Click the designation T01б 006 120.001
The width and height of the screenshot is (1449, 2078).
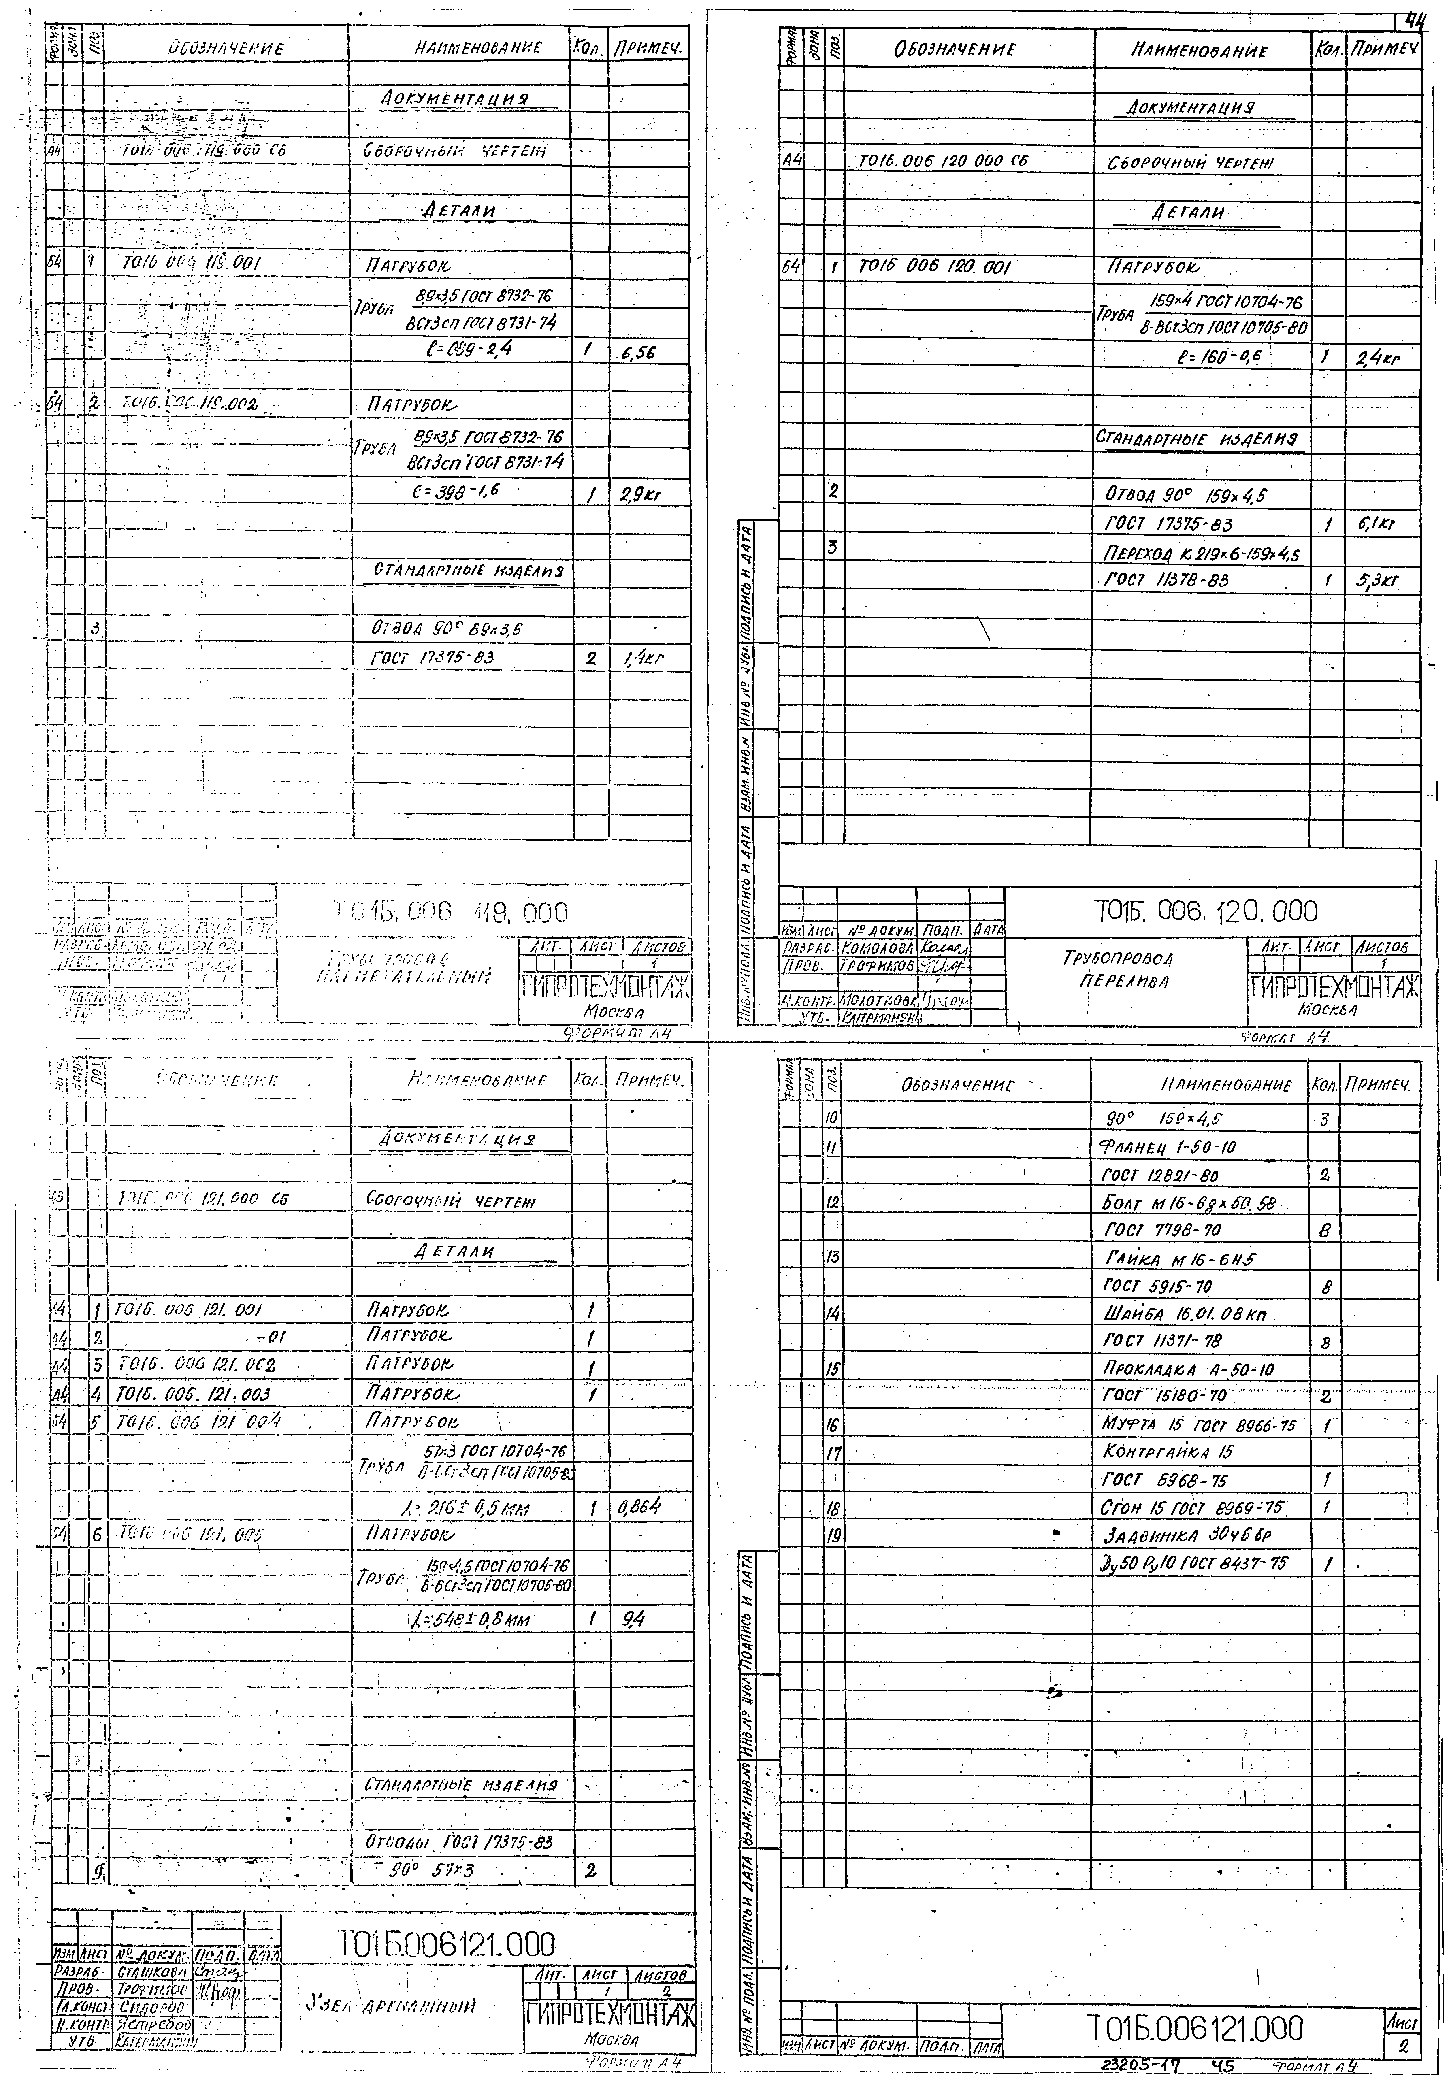point(934,268)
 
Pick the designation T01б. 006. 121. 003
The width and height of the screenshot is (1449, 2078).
point(194,1395)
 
